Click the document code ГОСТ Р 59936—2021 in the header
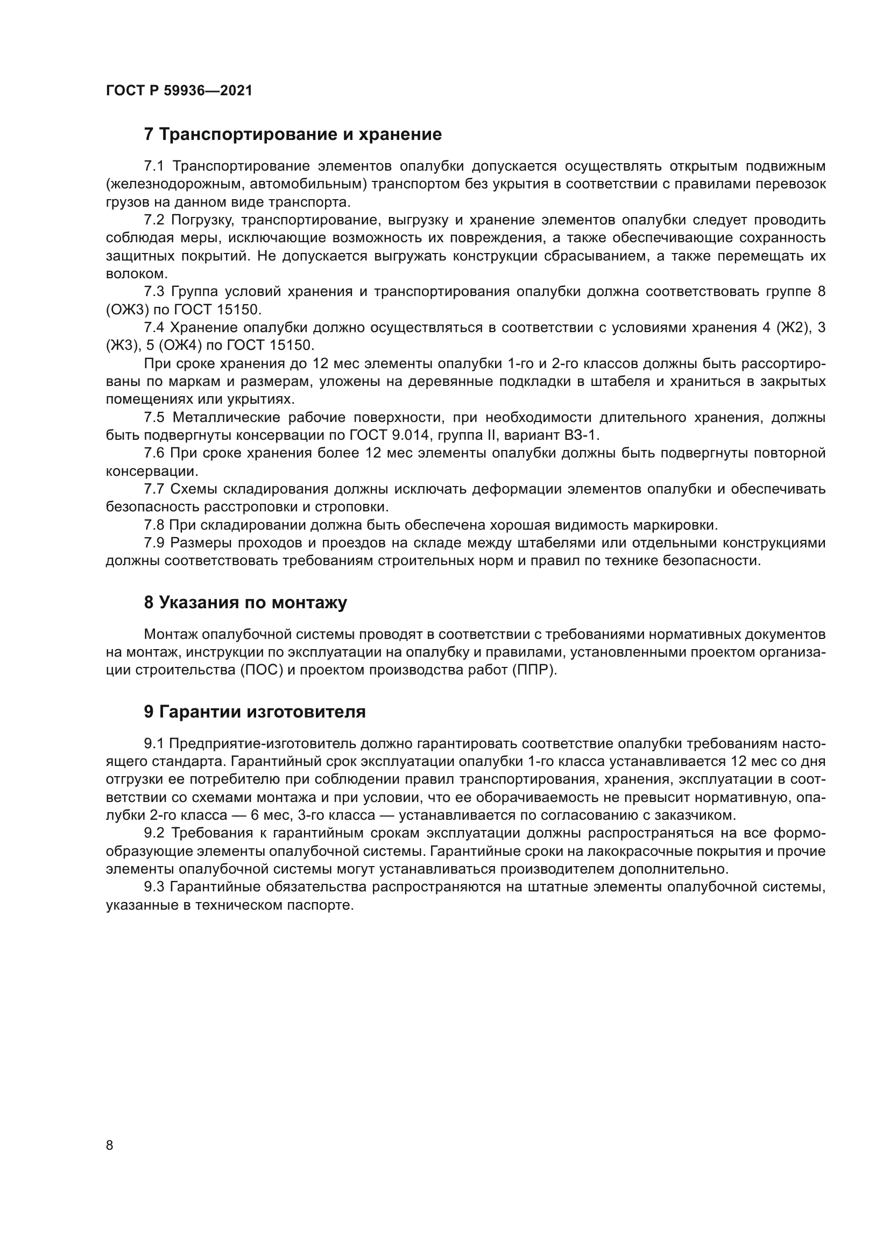179,90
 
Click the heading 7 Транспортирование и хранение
293,135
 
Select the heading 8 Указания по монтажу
245,603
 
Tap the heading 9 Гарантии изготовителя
255,712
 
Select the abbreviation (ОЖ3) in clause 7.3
127,310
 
